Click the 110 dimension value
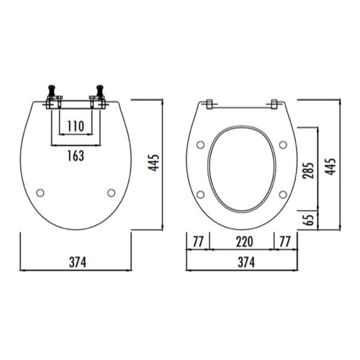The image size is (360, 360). click(x=75, y=126)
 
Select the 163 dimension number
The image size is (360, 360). click(x=75, y=155)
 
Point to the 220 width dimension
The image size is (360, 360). click(x=242, y=241)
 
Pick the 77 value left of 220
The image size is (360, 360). click(x=197, y=241)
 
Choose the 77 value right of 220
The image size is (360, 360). click(x=285, y=241)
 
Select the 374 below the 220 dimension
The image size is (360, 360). click(x=242, y=263)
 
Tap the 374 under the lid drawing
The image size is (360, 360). click(x=74, y=263)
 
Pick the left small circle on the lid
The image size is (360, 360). click(x=40, y=192)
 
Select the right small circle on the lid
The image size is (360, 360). click(x=110, y=192)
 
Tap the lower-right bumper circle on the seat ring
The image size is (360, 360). click(x=282, y=193)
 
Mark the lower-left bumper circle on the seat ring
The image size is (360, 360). click(x=202, y=193)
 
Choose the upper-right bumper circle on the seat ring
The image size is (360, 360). click(x=284, y=145)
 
